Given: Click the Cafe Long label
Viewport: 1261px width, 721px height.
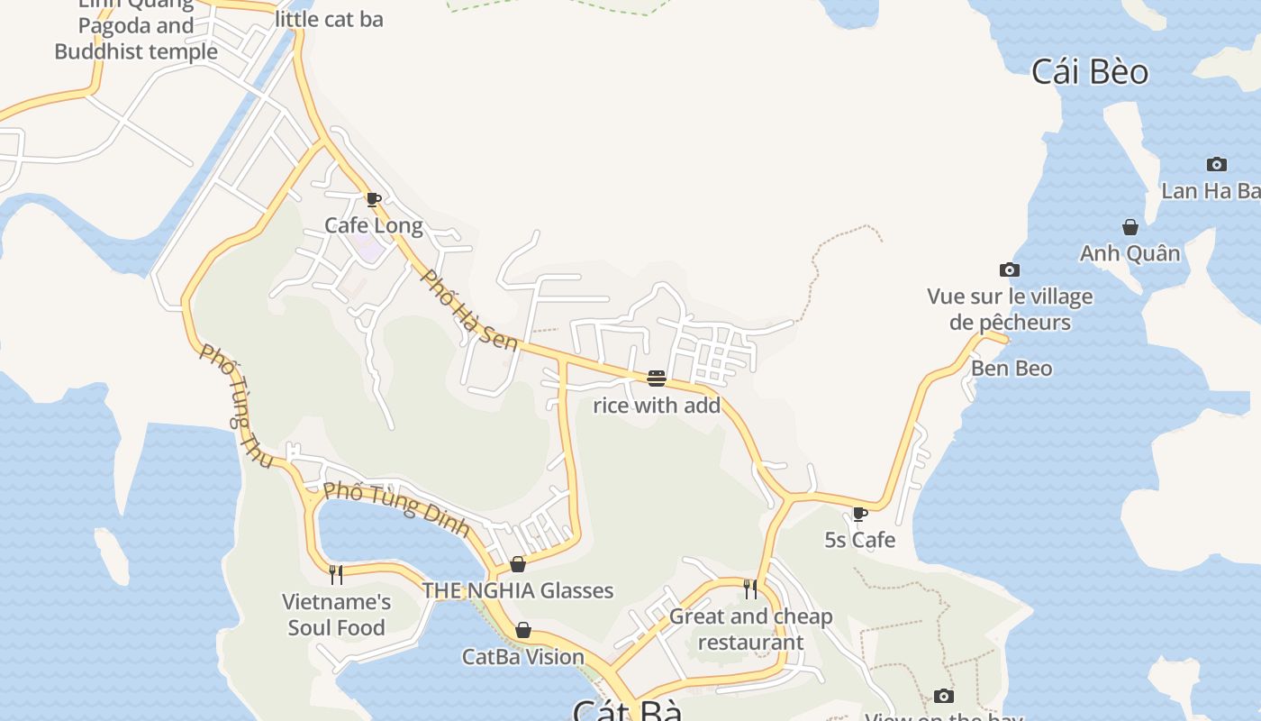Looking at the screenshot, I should point(373,225).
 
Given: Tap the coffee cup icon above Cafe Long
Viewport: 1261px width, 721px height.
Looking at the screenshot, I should point(373,199).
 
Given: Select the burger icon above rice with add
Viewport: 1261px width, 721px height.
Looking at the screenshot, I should point(656,378).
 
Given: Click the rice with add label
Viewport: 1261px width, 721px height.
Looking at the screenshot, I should point(657,406).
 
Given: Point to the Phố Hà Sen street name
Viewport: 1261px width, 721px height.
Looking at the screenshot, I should point(469,311).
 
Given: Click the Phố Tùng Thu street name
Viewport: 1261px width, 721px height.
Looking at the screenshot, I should point(236,406).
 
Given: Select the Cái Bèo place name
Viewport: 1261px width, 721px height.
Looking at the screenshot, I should point(1090,72).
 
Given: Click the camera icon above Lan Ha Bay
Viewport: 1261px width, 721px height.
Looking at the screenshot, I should point(1217,164).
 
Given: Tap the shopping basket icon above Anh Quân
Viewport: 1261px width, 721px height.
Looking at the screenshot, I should point(1130,227).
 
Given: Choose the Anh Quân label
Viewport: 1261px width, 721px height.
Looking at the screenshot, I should point(1129,253).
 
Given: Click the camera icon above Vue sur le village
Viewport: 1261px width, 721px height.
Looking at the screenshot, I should point(1010,269).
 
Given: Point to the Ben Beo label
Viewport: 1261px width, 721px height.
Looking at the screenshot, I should point(1011,369).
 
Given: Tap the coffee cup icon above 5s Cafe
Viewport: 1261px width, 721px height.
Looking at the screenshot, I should point(859,514).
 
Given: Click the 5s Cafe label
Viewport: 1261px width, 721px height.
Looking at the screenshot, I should point(860,540).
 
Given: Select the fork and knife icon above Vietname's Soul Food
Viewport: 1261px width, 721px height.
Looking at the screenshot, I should point(336,574).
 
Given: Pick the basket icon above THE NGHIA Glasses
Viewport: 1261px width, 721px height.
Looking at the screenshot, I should point(518,564).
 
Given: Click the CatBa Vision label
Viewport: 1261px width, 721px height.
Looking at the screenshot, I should point(522,657).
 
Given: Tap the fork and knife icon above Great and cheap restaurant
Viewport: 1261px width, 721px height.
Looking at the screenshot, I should point(750,589).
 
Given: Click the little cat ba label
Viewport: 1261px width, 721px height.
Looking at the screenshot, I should point(329,19).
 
